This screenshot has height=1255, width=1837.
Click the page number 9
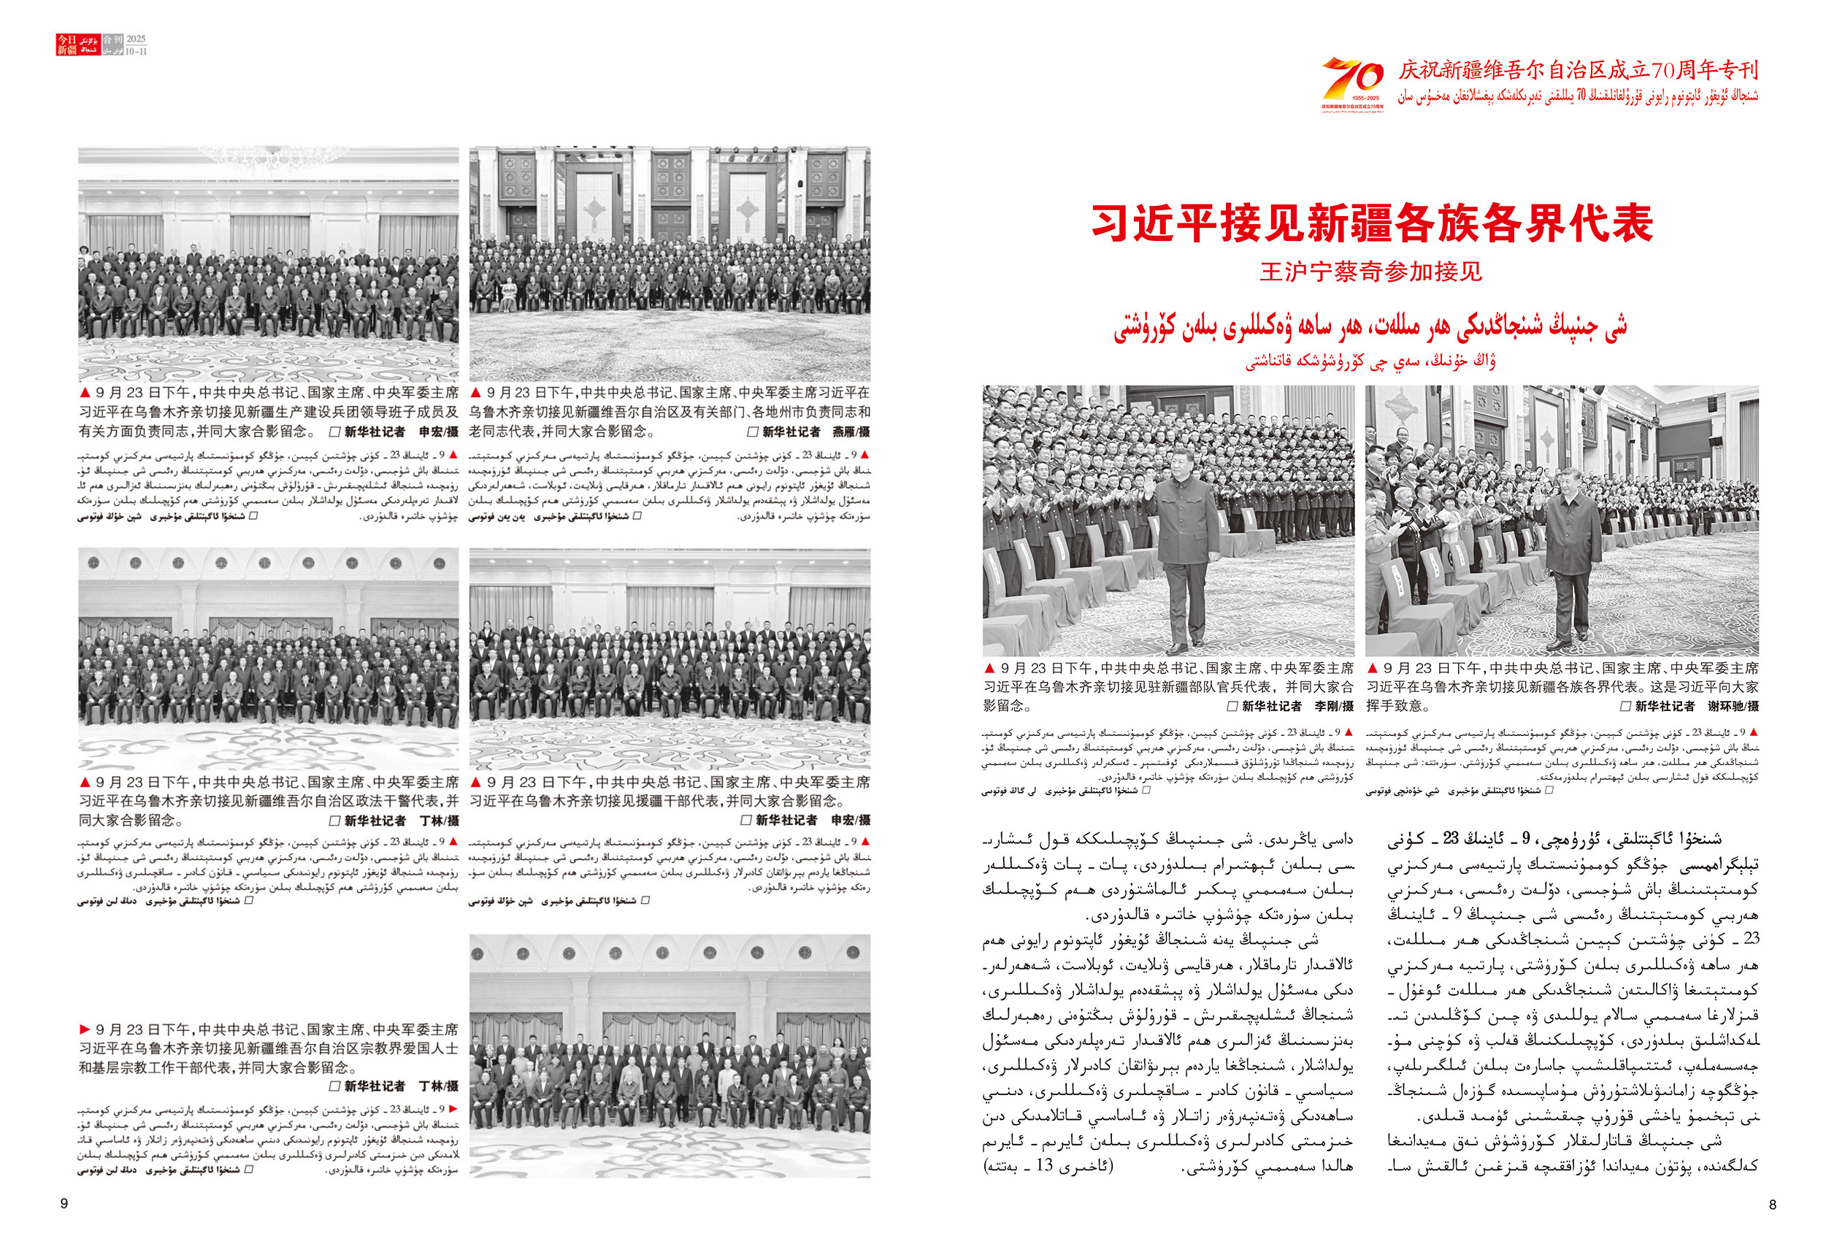pyautogui.click(x=64, y=1204)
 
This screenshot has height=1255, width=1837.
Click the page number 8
pyautogui.click(x=1772, y=1205)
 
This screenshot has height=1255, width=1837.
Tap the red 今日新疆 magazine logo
pyautogui.click(x=67, y=45)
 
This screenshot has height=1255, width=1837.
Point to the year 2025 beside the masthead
pyautogui.click(x=136, y=39)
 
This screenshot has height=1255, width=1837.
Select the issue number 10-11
pyautogui.click(x=136, y=51)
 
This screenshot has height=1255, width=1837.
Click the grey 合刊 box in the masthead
pyautogui.click(x=113, y=39)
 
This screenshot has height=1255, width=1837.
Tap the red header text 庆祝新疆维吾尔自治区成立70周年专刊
pyautogui.click(x=1578, y=70)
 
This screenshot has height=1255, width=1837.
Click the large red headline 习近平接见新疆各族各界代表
pyautogui.click(x=1371, y=223)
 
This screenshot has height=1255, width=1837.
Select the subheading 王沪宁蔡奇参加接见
pyautogui.click(x=1370, y=272)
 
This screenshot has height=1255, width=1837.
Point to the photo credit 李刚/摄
pyautogui.click(x=1333, y=707)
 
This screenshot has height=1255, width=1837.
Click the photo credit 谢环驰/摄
pyautogui.click(x=1733, y=707)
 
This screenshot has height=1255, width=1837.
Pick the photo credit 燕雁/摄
pyautogui.click(x=851, y=431)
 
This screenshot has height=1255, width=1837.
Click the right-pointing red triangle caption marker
pyautogui.click(x=85, y=1029)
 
